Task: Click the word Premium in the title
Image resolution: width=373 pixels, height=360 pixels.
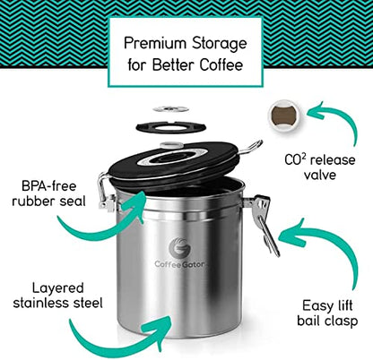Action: (x=155, y=43)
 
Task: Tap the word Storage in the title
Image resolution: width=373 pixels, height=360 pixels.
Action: (x=220, y=44)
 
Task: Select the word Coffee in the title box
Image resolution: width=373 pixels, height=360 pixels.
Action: (x=221, y=64)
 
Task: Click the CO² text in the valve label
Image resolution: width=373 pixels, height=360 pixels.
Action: (x=295, y=160)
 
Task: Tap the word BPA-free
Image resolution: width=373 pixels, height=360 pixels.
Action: (x=49, y=186)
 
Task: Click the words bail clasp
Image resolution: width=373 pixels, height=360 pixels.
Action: (x=327, y=321)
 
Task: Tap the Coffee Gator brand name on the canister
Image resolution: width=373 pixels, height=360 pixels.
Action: (x=180, y=264)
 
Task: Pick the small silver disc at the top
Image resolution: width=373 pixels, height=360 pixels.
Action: (x=171, y=108)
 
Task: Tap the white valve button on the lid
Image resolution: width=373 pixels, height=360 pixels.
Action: (x=171, y=145)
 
